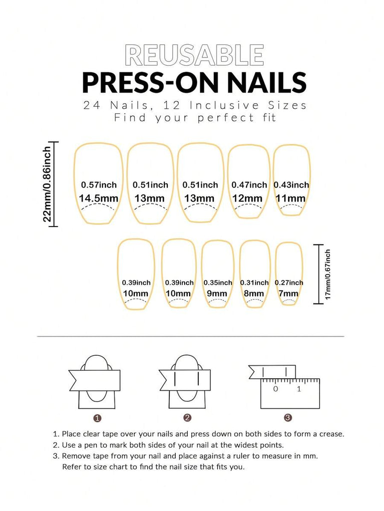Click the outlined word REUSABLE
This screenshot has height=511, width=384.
(194, 55)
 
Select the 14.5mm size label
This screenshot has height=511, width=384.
(98, 198)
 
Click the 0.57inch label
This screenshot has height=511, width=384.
(99, 185)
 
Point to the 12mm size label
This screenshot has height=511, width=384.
(247, 198)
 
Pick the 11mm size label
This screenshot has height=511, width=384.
(291, 198)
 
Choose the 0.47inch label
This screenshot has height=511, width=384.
(249, 185)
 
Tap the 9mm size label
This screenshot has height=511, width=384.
(217, 293)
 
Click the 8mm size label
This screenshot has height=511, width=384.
(254, 293)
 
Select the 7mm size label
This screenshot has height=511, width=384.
(288, 293)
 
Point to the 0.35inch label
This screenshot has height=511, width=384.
(218, 282)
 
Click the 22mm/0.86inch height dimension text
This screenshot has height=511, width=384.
(47, 184)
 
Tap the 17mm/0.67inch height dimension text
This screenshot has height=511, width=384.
(328, 274)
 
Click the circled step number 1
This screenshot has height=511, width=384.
(97, 418)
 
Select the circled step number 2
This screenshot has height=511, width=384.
(187, 418)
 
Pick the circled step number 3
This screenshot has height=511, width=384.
(288, 418)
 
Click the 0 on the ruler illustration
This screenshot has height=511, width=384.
(276, 389)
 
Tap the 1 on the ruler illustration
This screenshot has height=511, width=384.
(299, 389)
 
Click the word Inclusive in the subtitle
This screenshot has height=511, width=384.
(224, 106)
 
